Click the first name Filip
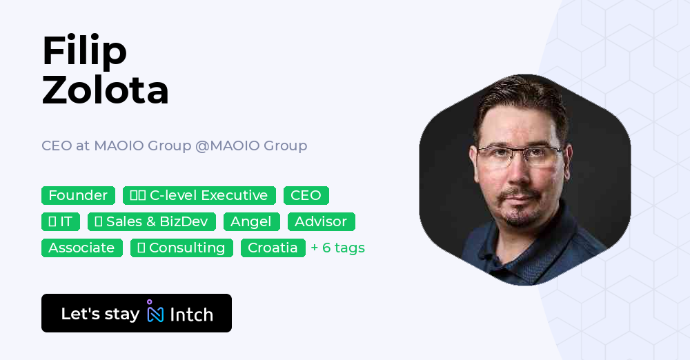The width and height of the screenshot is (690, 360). pos(84,51)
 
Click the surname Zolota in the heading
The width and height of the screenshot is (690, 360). pos(105,90)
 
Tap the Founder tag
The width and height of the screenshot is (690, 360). pos(78,196)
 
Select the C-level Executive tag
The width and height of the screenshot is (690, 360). pos(199,196)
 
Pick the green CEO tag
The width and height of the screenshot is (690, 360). pos(306,196)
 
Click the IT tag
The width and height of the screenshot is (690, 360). pos(61,222)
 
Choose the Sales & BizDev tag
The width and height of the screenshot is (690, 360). pos(152,222)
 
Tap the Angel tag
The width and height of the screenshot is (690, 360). pos(251,222)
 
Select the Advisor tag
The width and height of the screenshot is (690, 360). pos(321,222)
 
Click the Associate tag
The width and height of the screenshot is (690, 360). pos(81,248)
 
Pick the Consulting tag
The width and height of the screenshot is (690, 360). pos(181,248)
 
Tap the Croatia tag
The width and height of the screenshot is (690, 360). pos(273,248)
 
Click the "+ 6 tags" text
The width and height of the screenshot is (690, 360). pos(337,248)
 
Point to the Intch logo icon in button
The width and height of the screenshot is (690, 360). pos(155,312)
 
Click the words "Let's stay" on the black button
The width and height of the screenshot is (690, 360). pos(100,314)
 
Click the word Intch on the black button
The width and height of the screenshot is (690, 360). pos(191,314)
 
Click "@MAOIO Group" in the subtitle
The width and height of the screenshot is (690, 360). pos(251,146)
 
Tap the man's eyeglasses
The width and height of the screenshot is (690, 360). pos(521,157)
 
